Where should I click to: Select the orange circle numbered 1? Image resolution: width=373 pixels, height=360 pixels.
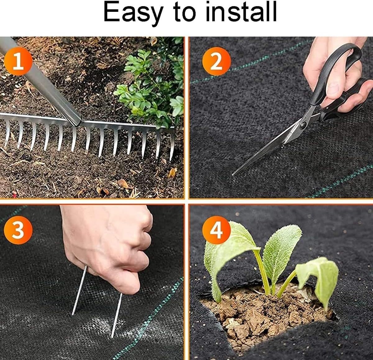point(18,61)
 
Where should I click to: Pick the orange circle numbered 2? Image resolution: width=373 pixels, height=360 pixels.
point(216,61)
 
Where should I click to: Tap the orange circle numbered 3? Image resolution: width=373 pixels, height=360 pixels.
point(18,230)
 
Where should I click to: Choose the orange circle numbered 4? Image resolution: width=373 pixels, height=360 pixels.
point(216,230)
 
